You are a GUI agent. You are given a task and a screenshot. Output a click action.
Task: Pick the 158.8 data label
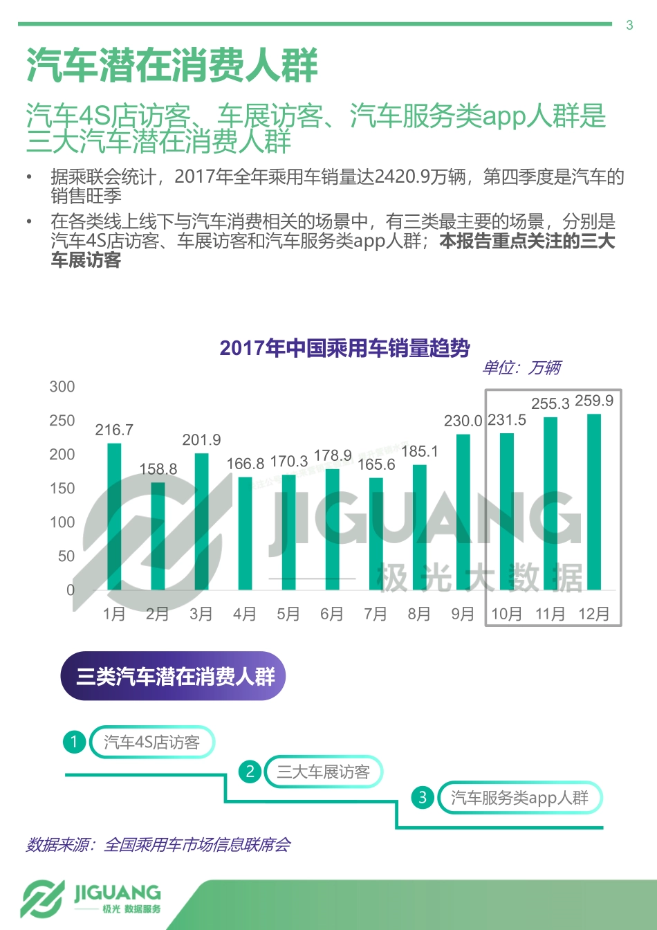coord(158,469)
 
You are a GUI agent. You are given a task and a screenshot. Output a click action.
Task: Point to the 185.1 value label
coord(420,451)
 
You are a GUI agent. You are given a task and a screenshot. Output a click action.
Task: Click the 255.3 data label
coord(550,403)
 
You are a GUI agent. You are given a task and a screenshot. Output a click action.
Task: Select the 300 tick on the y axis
coord(62,387)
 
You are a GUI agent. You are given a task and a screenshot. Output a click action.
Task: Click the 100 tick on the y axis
coord(62,522)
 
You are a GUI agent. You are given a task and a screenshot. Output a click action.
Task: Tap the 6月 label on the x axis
coord(332,614)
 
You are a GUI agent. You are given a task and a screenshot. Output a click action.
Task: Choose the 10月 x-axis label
coord(507,614)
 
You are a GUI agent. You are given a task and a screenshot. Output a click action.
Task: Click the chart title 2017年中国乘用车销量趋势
coord(345,347)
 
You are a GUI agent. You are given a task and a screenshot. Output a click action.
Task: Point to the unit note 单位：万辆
coord(521,367)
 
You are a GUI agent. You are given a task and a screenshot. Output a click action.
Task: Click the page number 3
coord(629,26)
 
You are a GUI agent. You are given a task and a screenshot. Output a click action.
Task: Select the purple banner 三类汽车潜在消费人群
coord(174,676)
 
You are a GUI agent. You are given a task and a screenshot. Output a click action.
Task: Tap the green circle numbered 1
coord(74,742)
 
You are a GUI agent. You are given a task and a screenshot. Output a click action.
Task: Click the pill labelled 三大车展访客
coord(324,772)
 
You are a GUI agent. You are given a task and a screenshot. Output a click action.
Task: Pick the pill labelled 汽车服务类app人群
coord(520,798)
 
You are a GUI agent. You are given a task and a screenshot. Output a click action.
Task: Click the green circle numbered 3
coord(423,798)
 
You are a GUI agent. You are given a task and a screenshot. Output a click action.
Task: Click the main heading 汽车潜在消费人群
coord(172,66)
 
